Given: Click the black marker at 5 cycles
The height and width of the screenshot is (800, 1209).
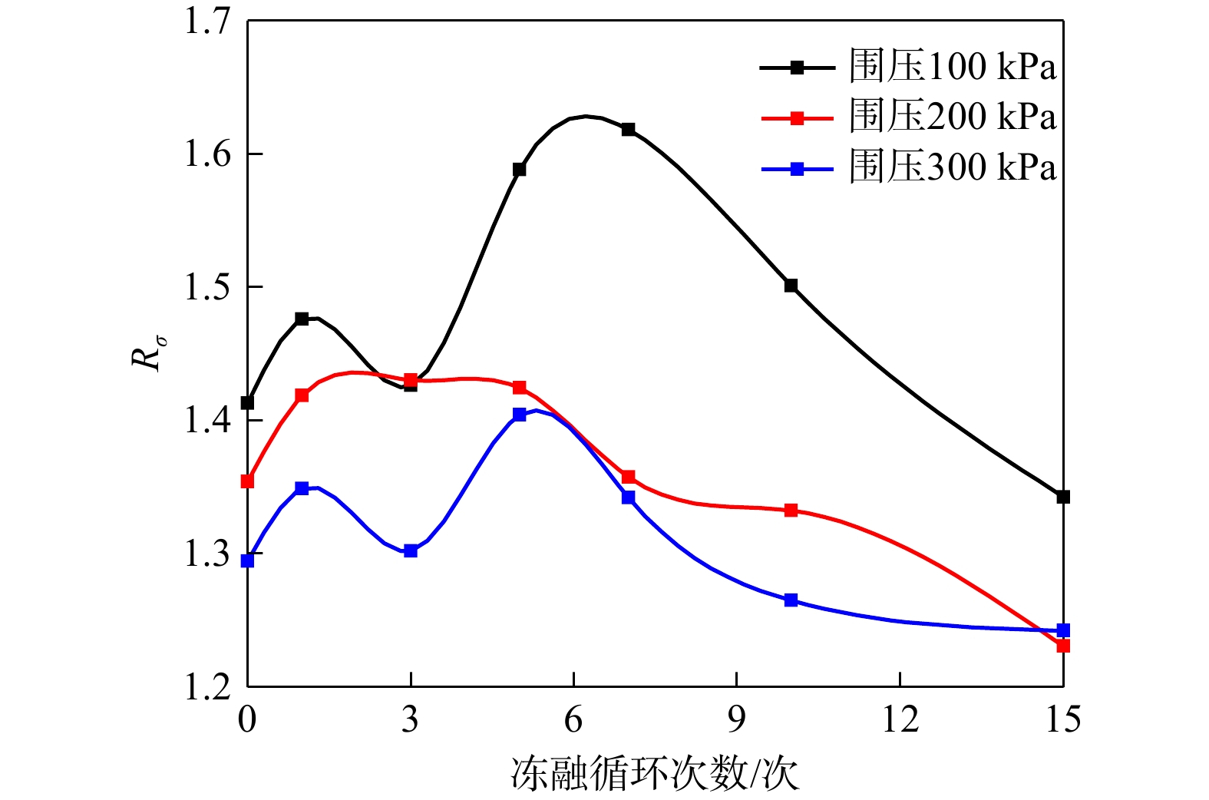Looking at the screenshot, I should (519, 169).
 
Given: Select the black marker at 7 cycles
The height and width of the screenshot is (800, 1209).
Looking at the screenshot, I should (628, 129).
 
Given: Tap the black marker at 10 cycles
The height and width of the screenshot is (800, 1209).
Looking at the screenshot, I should (791, 286).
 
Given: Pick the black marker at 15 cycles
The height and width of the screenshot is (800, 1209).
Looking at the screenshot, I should (1063, 497).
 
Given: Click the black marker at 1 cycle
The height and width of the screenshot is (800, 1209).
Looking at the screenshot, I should (302, 319).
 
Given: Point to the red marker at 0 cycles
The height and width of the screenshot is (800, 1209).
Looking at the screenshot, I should (247, 481).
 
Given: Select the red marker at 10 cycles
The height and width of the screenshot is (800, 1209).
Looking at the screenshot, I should (791, 510).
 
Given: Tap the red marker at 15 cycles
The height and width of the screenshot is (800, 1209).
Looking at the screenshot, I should (1063, 646).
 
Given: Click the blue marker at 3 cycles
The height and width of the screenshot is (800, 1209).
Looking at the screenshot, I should (411, 550).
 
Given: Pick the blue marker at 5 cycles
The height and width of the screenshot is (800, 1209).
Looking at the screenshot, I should (519, 415).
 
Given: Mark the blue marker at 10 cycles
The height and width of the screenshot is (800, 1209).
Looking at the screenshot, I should (791, 600).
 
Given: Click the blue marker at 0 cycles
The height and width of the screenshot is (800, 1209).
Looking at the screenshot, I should (247, 560).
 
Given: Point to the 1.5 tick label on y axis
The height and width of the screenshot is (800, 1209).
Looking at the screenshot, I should (207, 287).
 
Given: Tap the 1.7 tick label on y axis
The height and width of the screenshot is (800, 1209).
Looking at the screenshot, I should (207, 21).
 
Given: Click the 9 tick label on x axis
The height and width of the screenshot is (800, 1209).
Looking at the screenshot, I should (736, 719).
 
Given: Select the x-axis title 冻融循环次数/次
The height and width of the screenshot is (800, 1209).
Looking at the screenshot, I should (655, 774).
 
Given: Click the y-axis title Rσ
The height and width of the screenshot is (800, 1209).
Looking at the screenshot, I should (147, 353).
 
